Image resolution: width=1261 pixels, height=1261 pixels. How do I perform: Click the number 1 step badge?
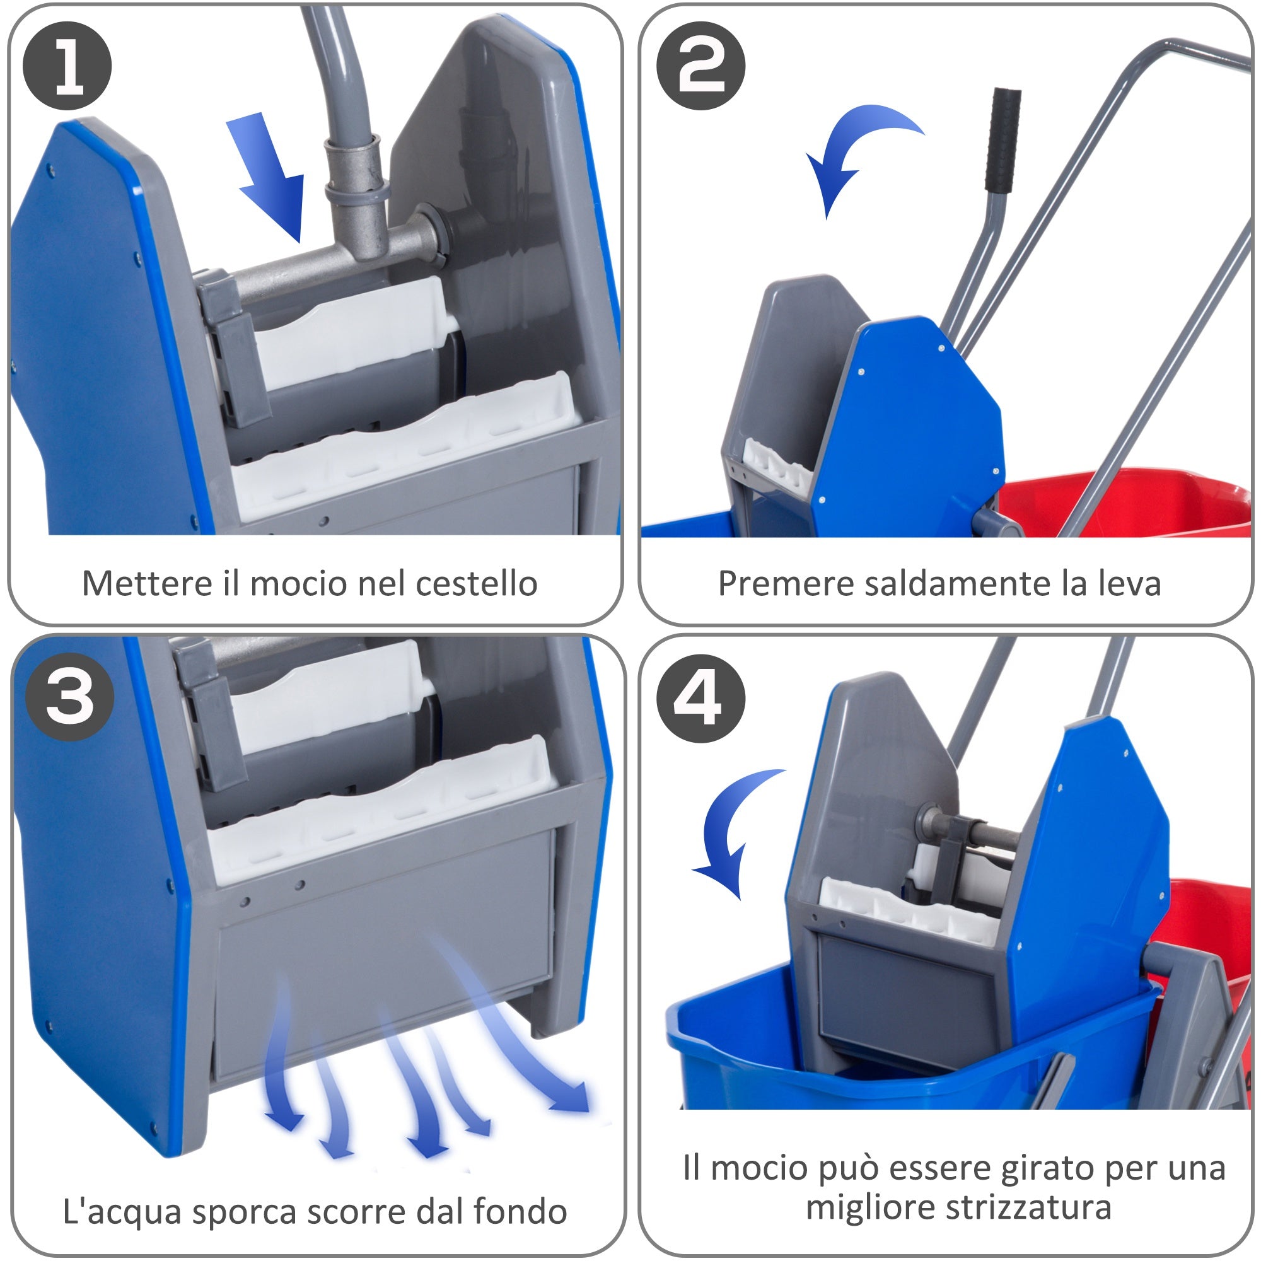(67, 66)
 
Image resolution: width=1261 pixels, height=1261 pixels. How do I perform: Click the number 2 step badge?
(701, 66)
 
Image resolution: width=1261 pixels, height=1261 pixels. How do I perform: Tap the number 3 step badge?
(70, 697)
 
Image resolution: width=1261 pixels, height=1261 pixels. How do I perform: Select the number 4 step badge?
(701, 699)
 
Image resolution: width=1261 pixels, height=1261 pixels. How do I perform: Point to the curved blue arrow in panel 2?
(855, 150)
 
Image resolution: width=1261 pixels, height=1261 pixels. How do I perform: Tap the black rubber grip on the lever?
(1004, 141)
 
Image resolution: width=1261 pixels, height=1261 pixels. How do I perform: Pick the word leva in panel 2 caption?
(1130, 583)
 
